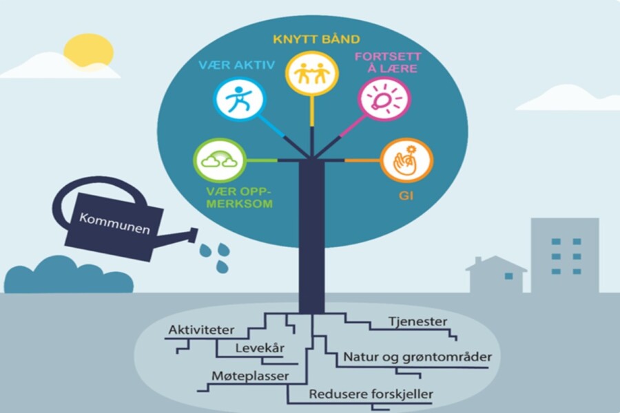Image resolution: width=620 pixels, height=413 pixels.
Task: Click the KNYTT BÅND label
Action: coord(316,39)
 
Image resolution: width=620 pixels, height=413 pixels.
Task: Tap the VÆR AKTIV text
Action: coord(236,65)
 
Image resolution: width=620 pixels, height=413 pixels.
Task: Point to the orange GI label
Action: coord(406,195)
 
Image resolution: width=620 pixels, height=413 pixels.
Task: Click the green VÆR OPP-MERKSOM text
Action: coord(239,198)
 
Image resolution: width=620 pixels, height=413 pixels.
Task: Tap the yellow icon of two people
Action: coord(312,73)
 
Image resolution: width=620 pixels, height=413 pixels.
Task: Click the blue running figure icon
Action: coord(240,99)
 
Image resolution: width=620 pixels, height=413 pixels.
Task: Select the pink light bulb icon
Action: coord(384,99)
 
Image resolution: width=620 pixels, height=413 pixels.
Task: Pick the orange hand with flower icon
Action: coord(406,160)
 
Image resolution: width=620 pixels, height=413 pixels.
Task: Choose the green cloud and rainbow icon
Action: coord(220,160)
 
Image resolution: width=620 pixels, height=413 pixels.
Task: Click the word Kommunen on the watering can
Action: coord(114,223)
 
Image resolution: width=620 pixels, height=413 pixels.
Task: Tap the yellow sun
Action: coord(89,52)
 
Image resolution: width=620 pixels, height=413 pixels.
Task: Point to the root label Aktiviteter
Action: coord(201,330)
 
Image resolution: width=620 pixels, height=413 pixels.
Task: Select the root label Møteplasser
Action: coord(250,375)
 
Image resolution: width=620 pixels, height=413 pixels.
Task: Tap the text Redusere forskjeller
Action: coord(371,394)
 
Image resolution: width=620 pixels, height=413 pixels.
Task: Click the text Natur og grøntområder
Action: coord(417,357)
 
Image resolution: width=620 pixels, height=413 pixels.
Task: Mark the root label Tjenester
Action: coord(418,321)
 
